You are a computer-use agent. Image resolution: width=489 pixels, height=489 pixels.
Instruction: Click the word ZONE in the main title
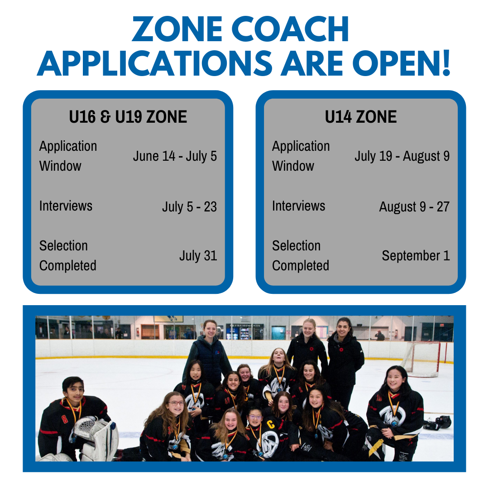[x=177, y=29]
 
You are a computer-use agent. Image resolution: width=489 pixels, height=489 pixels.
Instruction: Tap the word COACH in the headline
[x=290, y=29]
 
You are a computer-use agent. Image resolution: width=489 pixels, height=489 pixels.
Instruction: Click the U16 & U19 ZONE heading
[x=128, y=117]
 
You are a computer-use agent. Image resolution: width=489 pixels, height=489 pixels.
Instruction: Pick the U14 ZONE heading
[x=361, y=117]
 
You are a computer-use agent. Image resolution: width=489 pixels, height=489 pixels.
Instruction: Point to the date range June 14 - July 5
[x=175, y=156]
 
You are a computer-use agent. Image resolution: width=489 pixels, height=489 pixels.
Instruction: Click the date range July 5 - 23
[x=189, y=207]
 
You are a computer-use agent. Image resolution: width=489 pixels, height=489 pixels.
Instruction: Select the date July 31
[x=198, y=256]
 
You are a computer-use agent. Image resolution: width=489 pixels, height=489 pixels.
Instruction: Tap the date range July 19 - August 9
[x=402, y=156]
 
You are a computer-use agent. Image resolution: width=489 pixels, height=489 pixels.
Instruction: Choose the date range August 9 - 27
[x=414, y=207]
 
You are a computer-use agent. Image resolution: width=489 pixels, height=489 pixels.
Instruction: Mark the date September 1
[x=416, y=256]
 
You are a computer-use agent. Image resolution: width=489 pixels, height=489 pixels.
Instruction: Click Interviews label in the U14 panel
[x=298, y=206]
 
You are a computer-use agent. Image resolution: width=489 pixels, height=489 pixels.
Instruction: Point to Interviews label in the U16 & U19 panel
[x=66, y=206]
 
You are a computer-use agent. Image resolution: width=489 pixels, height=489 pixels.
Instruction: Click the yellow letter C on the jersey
[x=271, y=424]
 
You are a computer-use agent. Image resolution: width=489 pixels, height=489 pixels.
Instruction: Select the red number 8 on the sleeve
[x=65, y=419]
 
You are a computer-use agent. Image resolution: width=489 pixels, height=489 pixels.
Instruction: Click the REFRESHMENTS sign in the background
[x=245, y=326]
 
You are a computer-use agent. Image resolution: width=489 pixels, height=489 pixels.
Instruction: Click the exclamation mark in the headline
[x=446, y=63]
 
